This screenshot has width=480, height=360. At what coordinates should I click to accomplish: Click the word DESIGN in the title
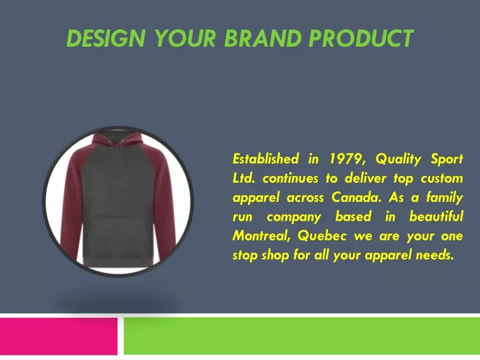pyautogui.click(x=105, y=38)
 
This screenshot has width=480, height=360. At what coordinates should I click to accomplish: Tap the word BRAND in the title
pyautogui.click(x=263, y=38)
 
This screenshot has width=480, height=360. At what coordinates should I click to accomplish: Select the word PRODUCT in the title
pyautogui.click(x=361, y=38)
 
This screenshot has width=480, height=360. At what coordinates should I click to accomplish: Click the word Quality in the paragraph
pyautogui.click(x=398, y=159)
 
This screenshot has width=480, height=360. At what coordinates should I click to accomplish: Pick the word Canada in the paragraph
pyautogui.click(x=356, y=197)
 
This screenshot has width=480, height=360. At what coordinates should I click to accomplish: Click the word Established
pyautogui.click(x=266, y=159)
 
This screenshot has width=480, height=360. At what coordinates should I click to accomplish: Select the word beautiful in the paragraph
pyautogui.click(x=436, y=217)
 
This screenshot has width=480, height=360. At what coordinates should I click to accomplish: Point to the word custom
pyautogui.click(x=442, y=179)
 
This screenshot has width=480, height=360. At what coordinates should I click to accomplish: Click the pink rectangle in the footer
pyautogui.click(x=59, y=336)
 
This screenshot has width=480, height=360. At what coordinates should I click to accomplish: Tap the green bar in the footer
pyautogui.click(x=302, y=336)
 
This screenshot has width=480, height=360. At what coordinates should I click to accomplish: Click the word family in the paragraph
pyautogui.click(x=445, y=197)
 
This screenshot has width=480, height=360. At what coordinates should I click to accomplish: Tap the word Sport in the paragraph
pyautogui.click(x=447, y=159)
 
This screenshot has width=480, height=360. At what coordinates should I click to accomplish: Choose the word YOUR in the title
pyautogui.click(x=185, y=38)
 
